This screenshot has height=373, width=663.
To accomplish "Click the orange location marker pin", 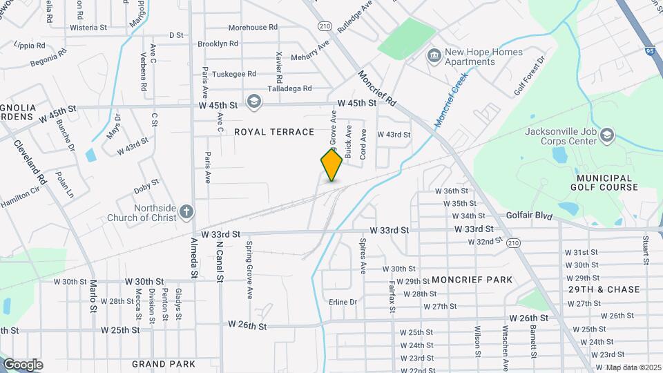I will click(332, 165).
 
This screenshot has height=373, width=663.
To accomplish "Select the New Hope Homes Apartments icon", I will click(434, 55).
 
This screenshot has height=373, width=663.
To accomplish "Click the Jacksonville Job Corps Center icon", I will click(607, 134).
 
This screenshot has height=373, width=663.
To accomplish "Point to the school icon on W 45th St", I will click(253, 103).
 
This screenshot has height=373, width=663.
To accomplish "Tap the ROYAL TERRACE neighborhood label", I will click(274, 131).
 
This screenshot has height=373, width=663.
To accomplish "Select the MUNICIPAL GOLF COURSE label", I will click(604, 182).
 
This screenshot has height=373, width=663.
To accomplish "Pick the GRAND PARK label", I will click(163, 363).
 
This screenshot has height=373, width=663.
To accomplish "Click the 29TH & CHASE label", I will click(604, 289).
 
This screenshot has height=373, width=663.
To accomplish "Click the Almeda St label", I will click(194, 259).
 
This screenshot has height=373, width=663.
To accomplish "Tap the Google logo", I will click(22, 365).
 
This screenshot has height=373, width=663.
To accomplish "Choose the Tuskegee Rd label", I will click(233, 74).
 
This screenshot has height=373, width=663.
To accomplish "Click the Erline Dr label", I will click(343, 302).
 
